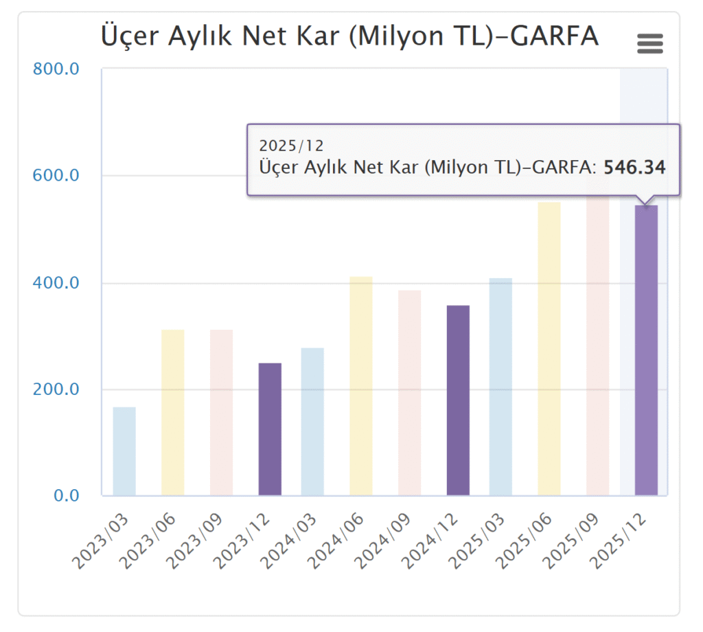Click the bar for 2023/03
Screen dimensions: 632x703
click(124, 451)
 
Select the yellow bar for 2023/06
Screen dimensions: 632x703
click(173, 412)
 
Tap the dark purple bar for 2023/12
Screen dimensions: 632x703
click(270, 429)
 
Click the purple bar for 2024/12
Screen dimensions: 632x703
click(458, 400)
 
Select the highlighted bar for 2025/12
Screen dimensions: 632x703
click(646, 350)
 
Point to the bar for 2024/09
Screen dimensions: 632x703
click(410, 392)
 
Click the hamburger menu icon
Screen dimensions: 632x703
click(650, 44)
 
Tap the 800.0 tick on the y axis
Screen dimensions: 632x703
click(56, 69)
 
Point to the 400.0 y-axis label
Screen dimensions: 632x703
click(56, 283)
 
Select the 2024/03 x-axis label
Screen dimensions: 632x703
click(287, 543)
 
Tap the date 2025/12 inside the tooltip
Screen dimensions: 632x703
click(291, 146)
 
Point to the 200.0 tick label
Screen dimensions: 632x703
click(56, 390)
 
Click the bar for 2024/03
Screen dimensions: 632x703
click(312, 421)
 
